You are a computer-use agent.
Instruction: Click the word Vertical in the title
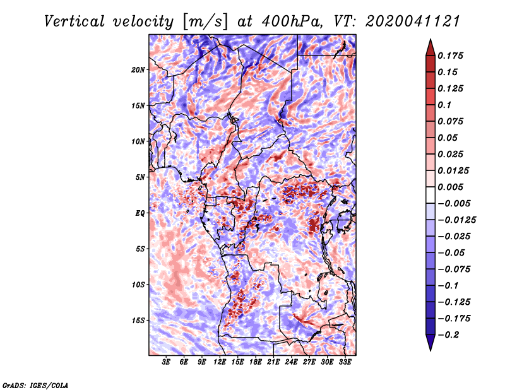tap(74, 21)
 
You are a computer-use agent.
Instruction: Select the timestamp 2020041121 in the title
tap(413, 21)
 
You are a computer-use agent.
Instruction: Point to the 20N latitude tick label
tap(138, 70)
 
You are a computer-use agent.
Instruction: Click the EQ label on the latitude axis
tap(140, 213)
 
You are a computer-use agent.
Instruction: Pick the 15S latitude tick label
tap(138, 321)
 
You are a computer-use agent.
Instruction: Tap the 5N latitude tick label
tap(140, 177)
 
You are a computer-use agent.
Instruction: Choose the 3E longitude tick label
tap(166, 362)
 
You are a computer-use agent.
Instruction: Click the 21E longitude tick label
tap(273, 362)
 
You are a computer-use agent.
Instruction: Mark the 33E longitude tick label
tap(345, 362)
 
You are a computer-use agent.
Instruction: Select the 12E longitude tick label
tap(219, 362)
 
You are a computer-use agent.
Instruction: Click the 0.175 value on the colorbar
tap(450, 56)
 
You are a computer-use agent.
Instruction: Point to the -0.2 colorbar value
tap(448, 335)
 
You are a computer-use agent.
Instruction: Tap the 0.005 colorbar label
tap(450, 187)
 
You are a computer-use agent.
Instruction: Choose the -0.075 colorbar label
tap(454, 269)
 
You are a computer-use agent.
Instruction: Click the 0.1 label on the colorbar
tap(444, 105)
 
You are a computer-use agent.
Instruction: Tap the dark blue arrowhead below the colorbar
tap(431, 343)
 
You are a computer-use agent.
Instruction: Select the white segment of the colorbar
tap(431, 195)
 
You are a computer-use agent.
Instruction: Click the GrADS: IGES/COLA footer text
tap(35, 385)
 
